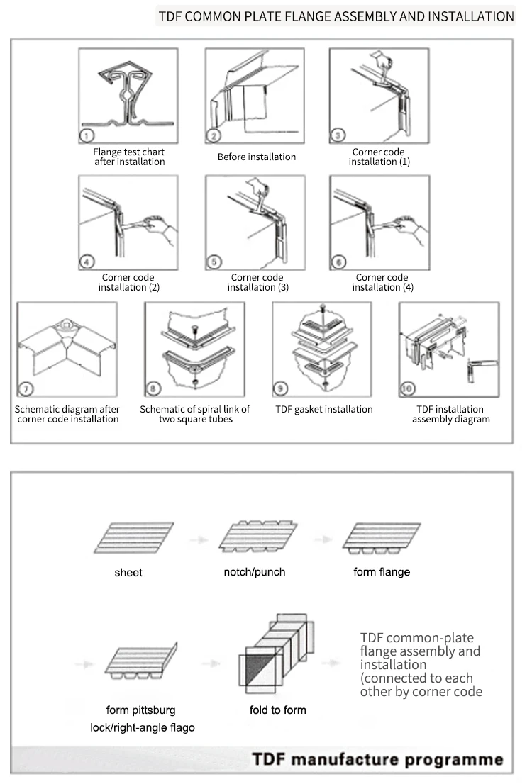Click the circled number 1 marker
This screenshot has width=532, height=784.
[86, 135]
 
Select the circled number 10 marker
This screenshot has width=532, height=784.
[408, 388]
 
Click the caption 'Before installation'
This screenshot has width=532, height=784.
[257, 157]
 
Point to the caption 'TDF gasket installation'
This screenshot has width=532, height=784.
[324, 409]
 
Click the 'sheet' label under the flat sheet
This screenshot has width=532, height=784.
[128, 572]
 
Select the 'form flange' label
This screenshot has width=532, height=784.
[382, 571]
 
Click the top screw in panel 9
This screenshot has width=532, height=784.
[323, 309]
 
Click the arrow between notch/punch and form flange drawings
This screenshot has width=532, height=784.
[323, 539]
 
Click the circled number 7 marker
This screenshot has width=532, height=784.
[26, 388]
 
